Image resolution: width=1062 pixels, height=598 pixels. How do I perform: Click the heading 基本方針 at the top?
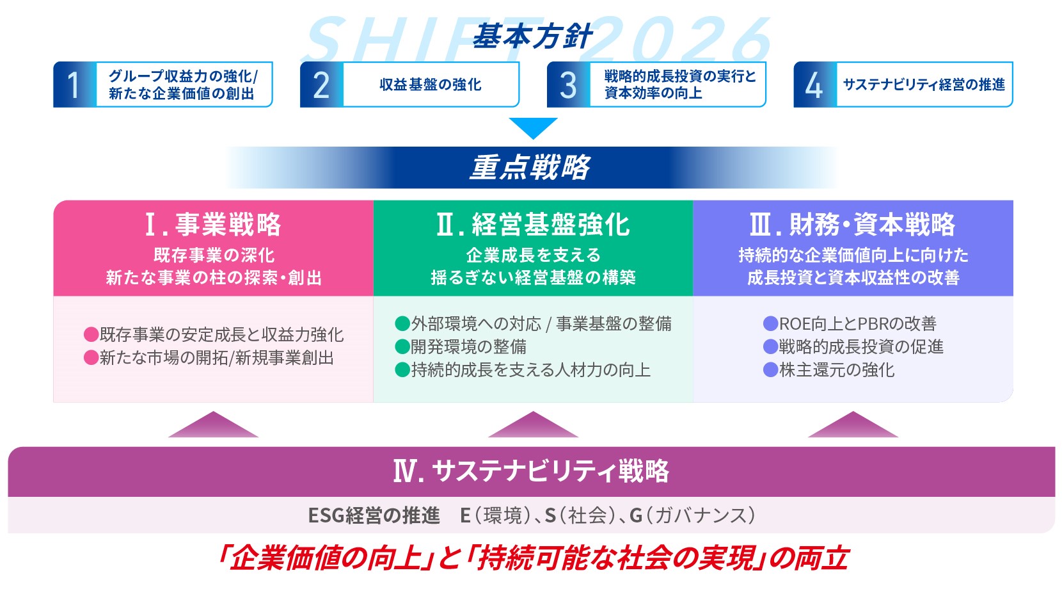(x=532, y=37)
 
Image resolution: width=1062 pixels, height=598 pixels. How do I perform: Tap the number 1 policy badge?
(x=74, y=85)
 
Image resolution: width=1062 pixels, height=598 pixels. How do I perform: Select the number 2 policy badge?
(x=321, y=85)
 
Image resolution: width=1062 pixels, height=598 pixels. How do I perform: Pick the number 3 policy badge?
(x=568, y=85)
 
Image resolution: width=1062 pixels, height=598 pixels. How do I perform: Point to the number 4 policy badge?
(x=814, y=85)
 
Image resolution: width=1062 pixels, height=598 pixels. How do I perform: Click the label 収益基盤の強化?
(x=430, y=85)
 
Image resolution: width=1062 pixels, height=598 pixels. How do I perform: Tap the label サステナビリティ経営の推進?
(x=923, y=85)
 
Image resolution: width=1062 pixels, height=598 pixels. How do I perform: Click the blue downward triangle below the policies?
(x=533, y=127)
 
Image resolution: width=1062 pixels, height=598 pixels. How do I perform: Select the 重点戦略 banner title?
(x=530, y=168)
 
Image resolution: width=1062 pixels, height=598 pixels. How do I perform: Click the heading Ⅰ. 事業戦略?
(x=213, y=225)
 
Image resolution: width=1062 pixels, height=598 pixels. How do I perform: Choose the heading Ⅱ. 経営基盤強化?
(x=533, y=225)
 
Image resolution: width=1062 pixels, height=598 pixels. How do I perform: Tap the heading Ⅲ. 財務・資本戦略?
(x=852, y=225)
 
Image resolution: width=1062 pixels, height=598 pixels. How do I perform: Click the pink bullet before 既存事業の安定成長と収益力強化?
(x=91, y=335)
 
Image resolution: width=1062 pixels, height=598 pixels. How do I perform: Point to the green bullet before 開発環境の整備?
(x=402, y=347)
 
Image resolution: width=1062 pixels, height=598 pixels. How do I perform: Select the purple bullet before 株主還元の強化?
(x=770, y=370)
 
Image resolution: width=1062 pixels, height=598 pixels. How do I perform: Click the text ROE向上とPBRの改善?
(x=857, y=324)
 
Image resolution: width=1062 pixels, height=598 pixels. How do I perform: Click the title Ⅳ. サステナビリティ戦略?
(x=531, y=472)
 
